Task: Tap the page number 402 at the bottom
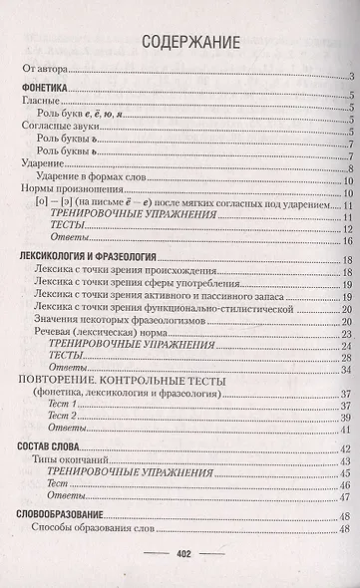click(x=183, y=555)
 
